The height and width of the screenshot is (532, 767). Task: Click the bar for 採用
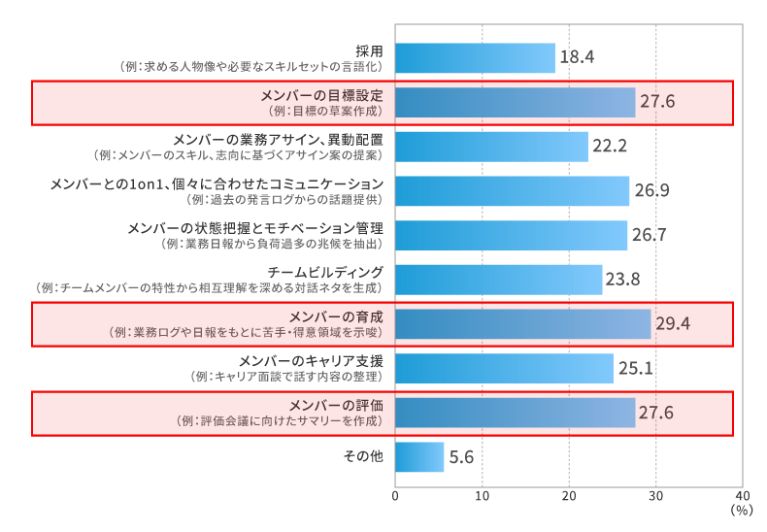pyautogui.click(x=475, y=58)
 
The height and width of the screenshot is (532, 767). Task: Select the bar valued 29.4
pyautogui.click(x=522, y=324)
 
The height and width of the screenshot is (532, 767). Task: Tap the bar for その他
pyautogui.click(x=419, y=457)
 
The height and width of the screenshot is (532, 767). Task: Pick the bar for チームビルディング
pyautogui.click(x=499, y=280)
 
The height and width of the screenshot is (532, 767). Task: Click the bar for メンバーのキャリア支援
pyautogui.click(x=504, y=369)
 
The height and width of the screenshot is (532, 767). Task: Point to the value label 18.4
pyautogui.click(x=577, y=58)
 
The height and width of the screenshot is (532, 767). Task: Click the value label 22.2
pyautogui.click(x=610, y=147)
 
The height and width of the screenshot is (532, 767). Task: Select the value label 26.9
pyautogui.click(x=650, y=191)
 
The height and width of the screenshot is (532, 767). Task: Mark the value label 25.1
pyautogui.click(x=635, y=369)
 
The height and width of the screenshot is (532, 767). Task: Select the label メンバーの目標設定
pyautogui.click(x=323, y=95)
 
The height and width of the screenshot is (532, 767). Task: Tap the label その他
pyautogui.click(x=364, y=456)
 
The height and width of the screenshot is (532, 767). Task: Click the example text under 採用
pyautogui.click(x=250, y=67)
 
